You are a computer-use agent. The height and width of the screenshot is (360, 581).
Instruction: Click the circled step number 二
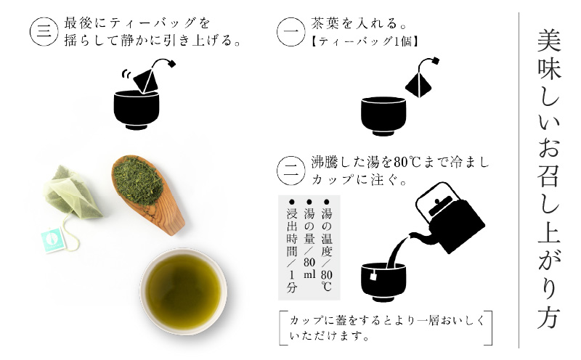pyautogui.click(x=292, y=171)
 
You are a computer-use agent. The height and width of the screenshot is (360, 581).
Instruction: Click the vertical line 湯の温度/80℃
pyautogui.click(x=326, y=243)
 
